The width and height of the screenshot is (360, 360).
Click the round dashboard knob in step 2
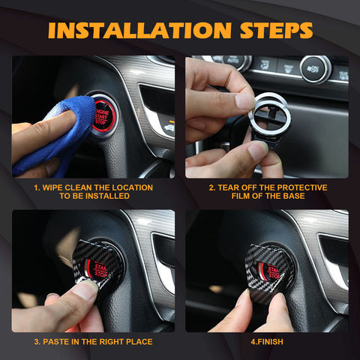pyautogui.click(x=316, y=69)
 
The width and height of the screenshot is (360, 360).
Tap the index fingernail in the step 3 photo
pyautogui.click(x=85, y=291)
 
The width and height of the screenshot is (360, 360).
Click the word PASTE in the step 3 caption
pyautogui.click(x=56, y=342)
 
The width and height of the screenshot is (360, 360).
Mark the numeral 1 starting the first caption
pyautogui.click(x=36, y=187)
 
